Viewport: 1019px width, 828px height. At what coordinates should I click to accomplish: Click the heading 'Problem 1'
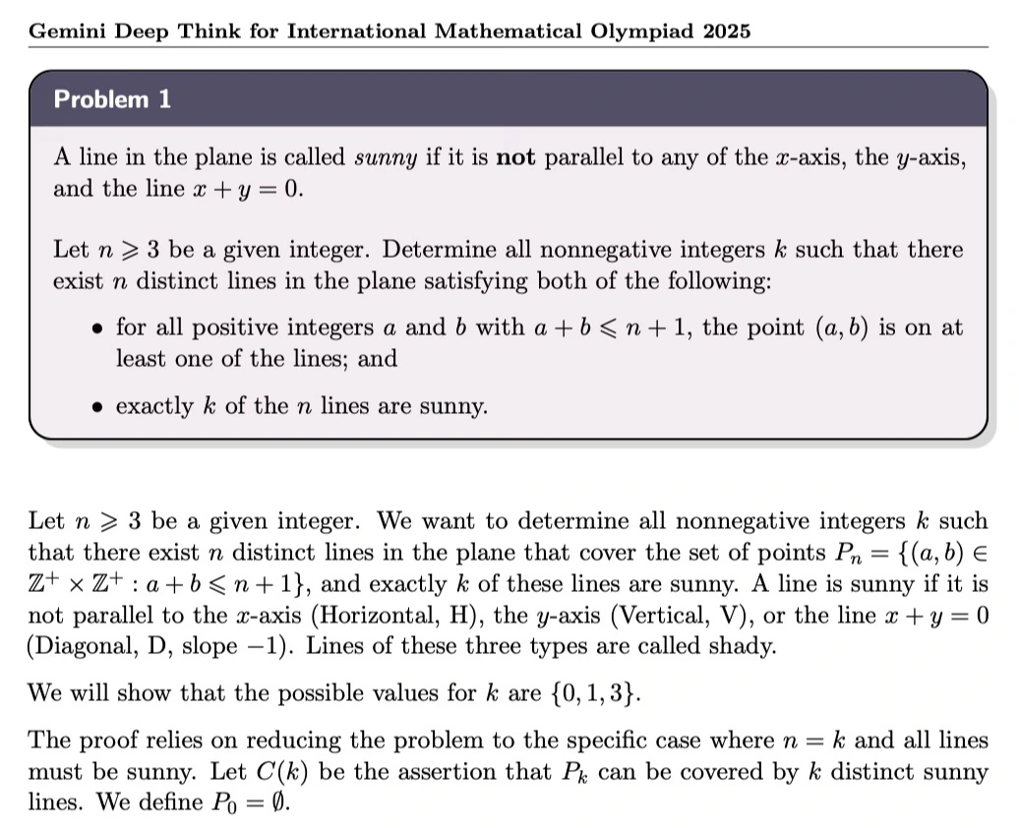[x=112, y=99]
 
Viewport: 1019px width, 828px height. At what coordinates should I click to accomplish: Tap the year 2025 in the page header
[x=728, y=30]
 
